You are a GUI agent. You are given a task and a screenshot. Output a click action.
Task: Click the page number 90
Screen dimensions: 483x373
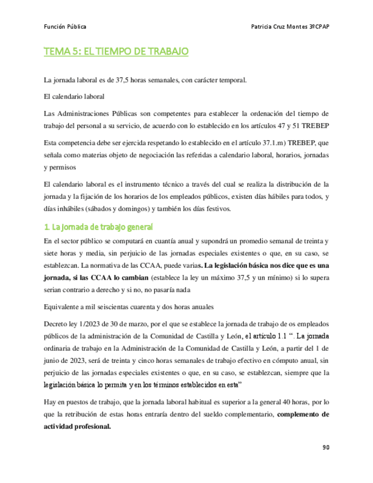(x=326, y=447)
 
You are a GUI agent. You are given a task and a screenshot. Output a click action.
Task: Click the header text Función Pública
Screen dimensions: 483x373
(x=65, y=27)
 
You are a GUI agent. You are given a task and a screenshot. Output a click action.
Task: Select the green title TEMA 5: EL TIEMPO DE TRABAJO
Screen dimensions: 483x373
(x=116, y=52)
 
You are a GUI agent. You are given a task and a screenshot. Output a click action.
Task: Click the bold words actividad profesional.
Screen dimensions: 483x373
(x=77, y=427)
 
